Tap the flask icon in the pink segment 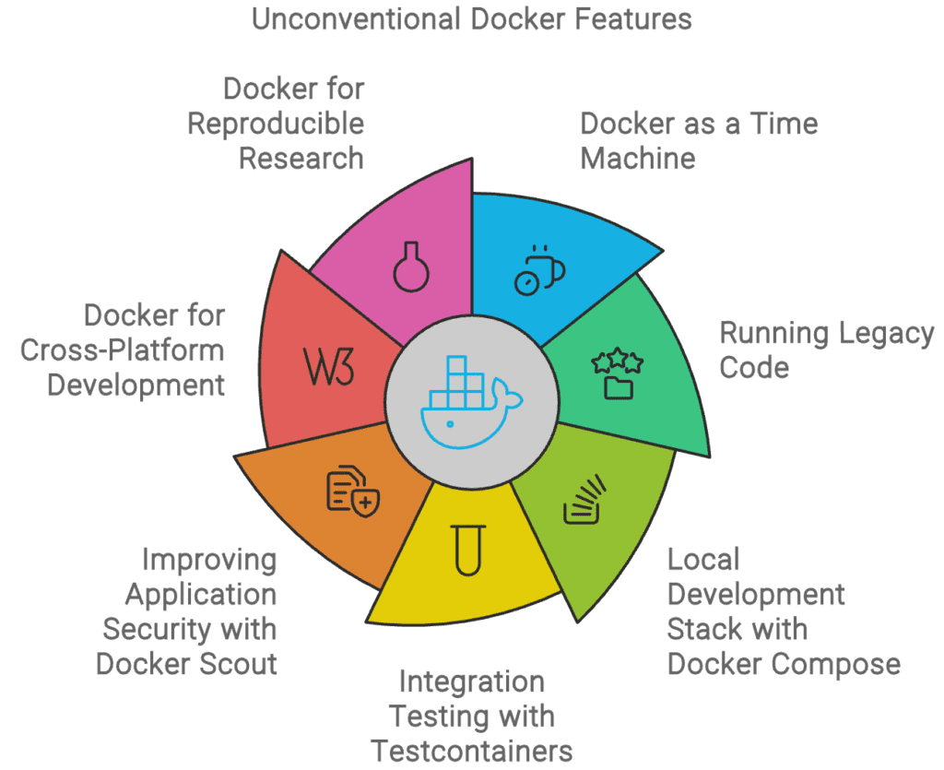[x=411, y=265]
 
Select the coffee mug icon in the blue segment [x=539, y=270]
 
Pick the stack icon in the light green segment [x=584, y=499]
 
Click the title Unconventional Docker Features [x=472, y=18]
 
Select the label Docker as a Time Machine [x=698, y=140]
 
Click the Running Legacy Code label [x=826, y=349]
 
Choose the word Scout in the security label [x=238, y=663]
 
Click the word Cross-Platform [x=122, y=349]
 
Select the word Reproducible [x=276, y=123]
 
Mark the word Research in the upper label [x=301, y=158]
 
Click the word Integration [x=472, y=681]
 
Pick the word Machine [x=637, y=158]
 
